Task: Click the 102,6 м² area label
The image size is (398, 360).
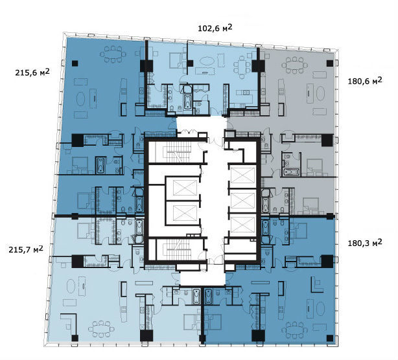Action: (215, 28)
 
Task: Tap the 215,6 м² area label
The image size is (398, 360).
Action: (32, 73)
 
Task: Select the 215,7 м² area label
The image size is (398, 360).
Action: (26, 249)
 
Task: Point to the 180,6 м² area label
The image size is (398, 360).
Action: (365, 81)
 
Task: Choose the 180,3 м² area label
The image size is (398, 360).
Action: (365, 243)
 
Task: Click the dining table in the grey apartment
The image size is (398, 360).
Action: (295, 65)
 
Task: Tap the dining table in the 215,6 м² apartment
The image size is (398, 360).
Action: (113, 54)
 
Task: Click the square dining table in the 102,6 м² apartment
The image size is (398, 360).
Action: (242, 67)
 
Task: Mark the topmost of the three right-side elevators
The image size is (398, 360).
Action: (243, 175)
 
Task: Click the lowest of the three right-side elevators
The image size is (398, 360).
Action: (243, 225)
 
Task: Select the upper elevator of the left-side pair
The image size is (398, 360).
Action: (185, 188)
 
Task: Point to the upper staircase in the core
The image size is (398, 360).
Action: (178, 152)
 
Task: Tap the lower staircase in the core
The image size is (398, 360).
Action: (178, 250)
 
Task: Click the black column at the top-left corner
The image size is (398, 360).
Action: (75, 63)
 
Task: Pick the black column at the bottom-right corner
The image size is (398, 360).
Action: (330, 338)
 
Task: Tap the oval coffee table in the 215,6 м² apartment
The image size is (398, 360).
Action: (81, 98)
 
